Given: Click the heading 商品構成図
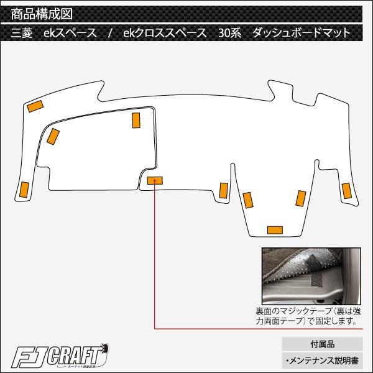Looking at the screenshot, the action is (x=42, y=14).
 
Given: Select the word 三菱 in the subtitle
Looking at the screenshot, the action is (x=22, y=32).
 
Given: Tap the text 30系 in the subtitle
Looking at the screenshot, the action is (x=230, y=32).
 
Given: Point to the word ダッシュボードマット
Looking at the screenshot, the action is (x=302, y=32).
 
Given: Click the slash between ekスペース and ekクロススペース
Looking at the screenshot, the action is (x=109, y=32).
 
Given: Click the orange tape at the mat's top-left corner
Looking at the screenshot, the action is (x=35, y=106).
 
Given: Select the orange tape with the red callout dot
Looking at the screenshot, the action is (x=155, y=180).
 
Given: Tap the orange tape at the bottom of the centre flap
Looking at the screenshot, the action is (x=275, y=230).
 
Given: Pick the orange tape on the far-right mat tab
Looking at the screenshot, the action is (x=347, y=191).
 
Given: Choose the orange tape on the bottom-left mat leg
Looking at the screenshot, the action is (x=24, y=190).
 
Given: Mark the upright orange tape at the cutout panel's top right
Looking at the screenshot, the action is (x=136, y=121).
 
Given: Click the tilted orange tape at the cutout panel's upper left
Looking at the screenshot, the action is (x=53, y=137).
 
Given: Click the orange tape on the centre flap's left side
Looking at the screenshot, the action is (x=248, y=200).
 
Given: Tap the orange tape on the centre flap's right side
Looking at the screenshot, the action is (x=301, y=199).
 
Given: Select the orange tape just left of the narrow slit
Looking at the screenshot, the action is (x=224, y=191).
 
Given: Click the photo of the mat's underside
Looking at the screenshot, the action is (x=311, y=276).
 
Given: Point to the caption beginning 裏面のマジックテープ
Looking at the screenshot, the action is (x=308, y=316).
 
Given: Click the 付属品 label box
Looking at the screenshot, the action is (x=322, y=344).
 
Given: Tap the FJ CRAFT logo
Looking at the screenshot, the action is (x=60, y=356).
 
